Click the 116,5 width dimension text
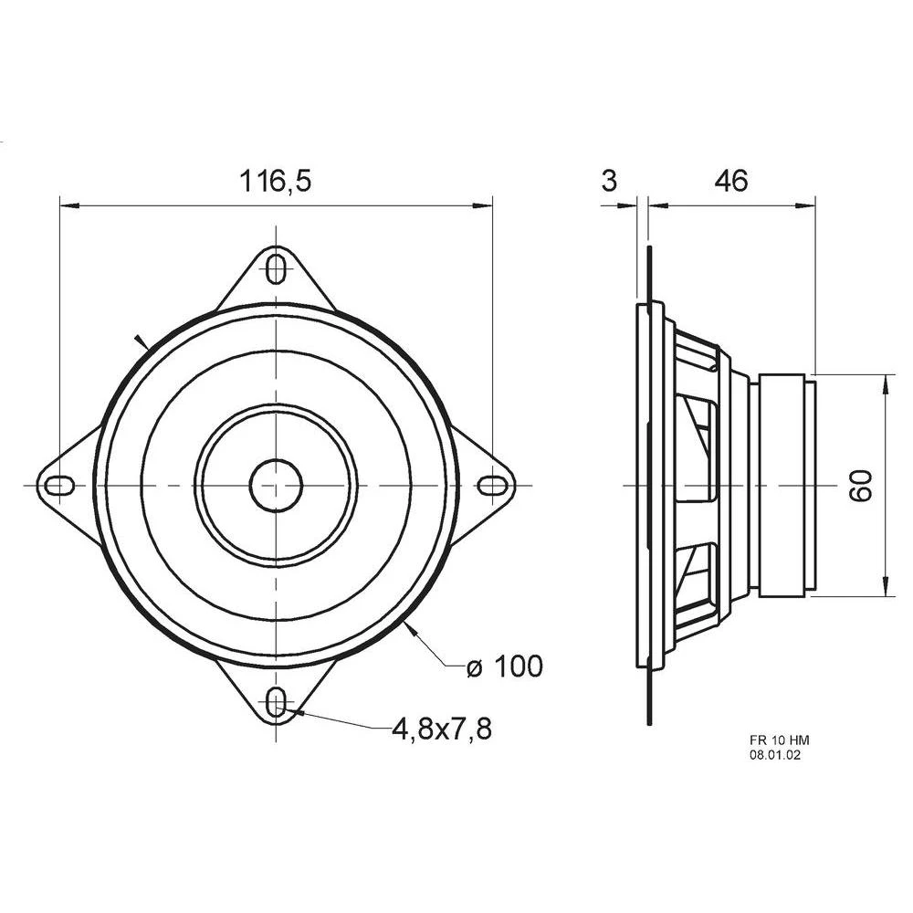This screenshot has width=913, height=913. pos(276,181)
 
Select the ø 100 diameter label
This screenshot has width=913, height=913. pos(504,666)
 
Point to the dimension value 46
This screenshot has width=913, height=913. pos(730,181)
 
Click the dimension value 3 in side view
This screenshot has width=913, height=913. pos(610,181)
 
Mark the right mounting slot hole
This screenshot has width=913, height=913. pos(494,485)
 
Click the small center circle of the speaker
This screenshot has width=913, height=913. pos(276,485)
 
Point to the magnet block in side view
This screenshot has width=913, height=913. pos(782,486)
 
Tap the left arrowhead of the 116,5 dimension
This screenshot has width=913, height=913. pos(67,205)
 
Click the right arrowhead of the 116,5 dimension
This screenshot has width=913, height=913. pos(485,205)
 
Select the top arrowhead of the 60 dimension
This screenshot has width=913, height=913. pos(884,383)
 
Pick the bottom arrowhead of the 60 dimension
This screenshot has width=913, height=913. pos(884,589)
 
